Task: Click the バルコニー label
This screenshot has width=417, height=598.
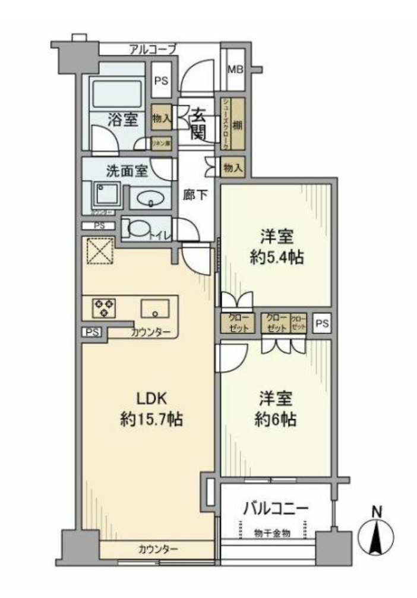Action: coord(276,509)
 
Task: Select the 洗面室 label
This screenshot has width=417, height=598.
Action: coord(126,171)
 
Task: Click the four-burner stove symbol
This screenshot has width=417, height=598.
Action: coord(103,308)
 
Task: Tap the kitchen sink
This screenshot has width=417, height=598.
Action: coord(155,309)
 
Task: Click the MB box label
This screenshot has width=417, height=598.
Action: coord(236,70)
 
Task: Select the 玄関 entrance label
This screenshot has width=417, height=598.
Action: coord(198,124)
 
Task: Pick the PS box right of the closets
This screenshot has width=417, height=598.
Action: coord(321,325)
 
